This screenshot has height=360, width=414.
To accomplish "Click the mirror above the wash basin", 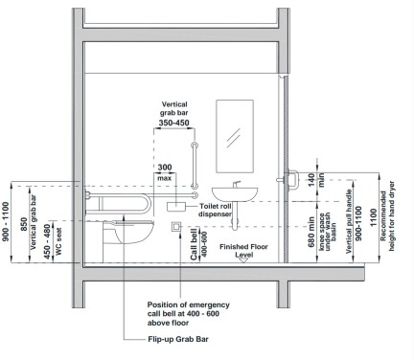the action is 235,136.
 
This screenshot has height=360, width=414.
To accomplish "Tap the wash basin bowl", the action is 235,194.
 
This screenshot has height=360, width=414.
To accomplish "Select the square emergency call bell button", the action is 176,227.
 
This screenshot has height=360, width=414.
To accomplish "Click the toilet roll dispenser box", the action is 176,207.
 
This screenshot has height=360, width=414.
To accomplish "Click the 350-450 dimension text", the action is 173,123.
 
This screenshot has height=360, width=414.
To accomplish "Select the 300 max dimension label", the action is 165,171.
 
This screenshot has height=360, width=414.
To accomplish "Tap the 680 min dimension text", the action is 311,232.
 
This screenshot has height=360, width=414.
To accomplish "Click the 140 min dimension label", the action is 315,180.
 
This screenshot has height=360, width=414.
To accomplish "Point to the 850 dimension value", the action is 24,226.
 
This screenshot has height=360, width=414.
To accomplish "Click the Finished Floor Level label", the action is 243,251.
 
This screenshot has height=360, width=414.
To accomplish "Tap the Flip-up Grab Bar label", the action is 178,339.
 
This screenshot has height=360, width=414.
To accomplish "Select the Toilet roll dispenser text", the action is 215,210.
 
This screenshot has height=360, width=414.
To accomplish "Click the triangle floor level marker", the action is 243,259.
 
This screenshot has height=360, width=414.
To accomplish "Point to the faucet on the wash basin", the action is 236,184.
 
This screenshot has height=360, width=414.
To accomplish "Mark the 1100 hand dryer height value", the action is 373,217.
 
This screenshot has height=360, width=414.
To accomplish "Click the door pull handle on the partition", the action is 293,180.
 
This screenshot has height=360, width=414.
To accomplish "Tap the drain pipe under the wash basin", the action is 235,215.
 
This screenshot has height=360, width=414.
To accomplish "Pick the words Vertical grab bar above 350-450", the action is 174,108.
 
